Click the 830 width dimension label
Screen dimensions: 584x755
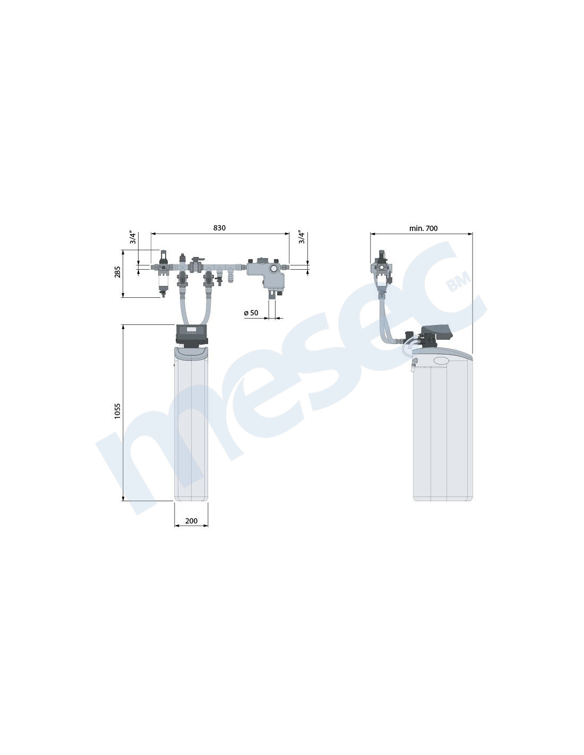tap(219, 228)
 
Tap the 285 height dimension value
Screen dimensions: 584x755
tap(118, 272)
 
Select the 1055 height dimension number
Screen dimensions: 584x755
tap(117, 411)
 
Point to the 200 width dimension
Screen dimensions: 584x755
tap(191, 521)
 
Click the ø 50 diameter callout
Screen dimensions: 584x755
tap(251, 313)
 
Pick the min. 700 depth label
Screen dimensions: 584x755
tap(423, 228)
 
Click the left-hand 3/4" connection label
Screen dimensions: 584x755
tap(133, 237)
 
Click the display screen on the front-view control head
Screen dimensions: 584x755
tap(192, 329)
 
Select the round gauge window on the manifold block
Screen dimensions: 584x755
tap(274, 268)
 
